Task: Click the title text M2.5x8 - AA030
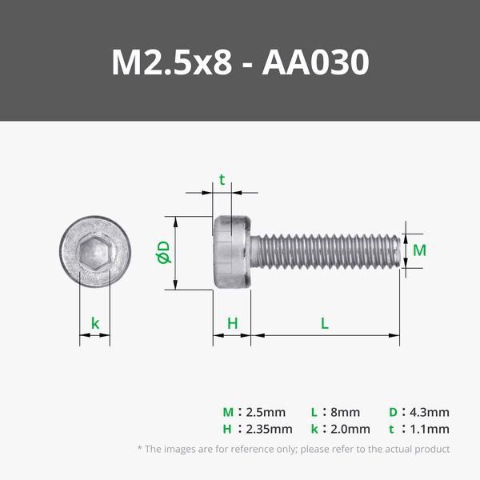(240, 62)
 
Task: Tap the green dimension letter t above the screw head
(222, 180)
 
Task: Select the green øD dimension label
(163, 252)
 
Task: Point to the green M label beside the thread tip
(419, 250)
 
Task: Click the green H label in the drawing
(232, 323)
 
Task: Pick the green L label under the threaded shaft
(325, 323)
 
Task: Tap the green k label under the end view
(95, 323)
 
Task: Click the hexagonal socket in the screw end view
(95, 253)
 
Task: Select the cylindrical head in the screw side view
(232, 253)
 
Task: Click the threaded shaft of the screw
(326, 251)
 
